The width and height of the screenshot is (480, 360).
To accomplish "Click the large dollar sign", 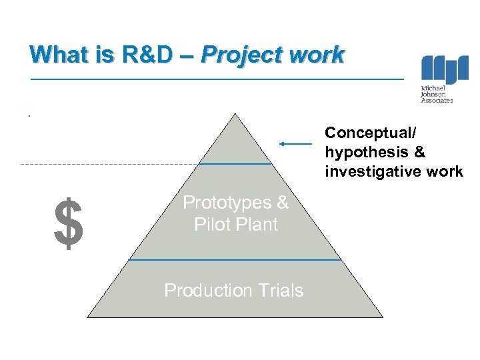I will tap(69, 223).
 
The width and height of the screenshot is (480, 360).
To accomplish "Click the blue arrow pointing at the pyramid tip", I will tap(295, 143).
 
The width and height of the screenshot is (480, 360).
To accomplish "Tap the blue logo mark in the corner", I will tap(445, 70).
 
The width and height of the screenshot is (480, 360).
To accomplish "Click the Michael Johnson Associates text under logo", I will tap(437, 94).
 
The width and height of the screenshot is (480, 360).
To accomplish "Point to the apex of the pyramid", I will tap(235, 115).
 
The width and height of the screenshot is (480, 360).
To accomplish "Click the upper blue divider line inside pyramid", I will tap(235, 163).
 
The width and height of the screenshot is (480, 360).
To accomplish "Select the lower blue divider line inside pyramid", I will tap(235, 260).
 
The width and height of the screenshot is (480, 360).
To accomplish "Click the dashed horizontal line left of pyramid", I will tap(107, 164).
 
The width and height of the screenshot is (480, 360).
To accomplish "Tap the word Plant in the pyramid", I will tap(261, 225).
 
